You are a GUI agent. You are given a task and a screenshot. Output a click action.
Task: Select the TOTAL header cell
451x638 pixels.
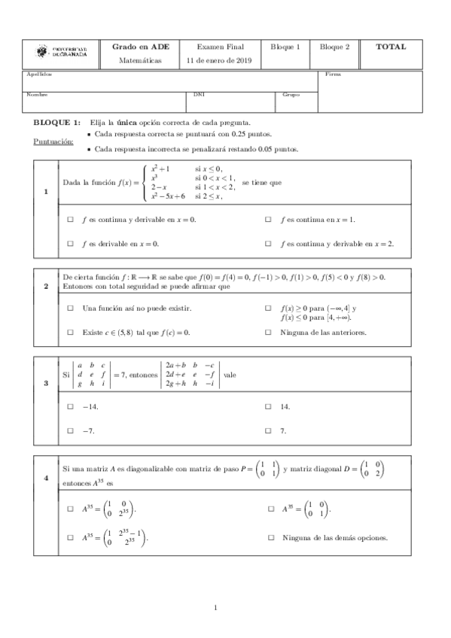[x=392, y=47]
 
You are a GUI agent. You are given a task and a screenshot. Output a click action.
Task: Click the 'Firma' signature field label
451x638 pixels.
[x=332, y=74]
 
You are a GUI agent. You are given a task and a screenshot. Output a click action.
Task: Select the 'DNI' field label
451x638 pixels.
[x=198, y=95]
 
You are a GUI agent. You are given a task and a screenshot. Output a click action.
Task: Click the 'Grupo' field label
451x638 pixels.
[x=291, y=95]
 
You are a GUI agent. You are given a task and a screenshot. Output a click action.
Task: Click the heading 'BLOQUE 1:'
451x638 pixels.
[x=56, y=122]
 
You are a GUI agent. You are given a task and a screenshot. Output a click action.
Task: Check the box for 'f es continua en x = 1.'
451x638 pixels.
[x=269, y=219]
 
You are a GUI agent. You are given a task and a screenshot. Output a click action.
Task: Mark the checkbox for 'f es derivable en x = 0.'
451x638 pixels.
[x=70, y=244]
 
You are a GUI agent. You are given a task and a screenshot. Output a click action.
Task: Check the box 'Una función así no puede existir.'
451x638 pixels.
[x=70, y=308]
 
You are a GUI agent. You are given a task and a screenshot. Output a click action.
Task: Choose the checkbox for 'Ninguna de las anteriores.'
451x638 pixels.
[x=269, y=332]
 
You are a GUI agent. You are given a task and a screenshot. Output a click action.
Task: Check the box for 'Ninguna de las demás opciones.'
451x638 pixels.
[x=271, y=538]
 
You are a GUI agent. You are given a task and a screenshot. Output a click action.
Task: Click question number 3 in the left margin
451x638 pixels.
[x=47, y=384]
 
